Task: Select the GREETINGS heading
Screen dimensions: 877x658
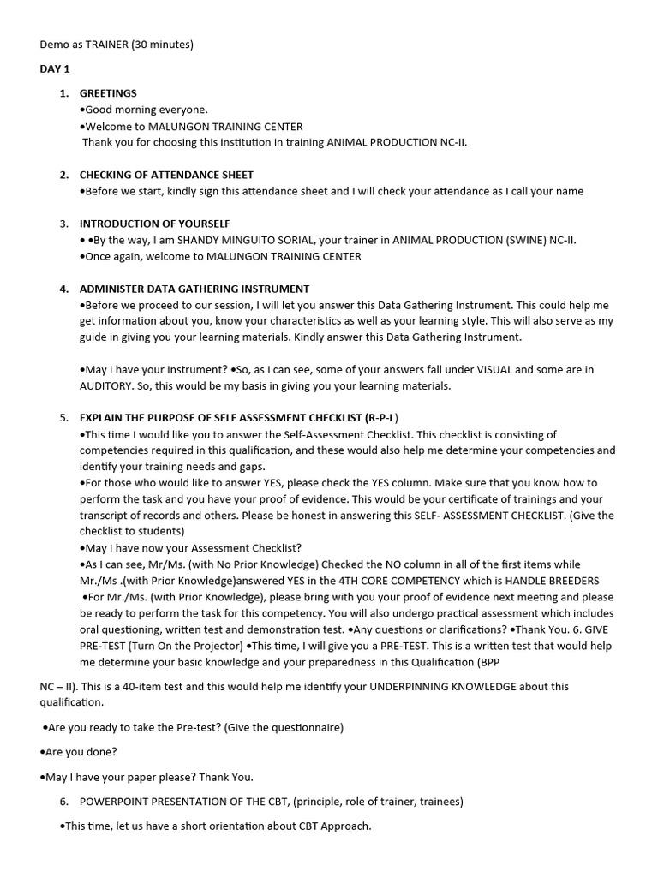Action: pyautogui.click(x=108, y=93)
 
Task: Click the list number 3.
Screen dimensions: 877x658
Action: pyautogui.click(x=63, y=224)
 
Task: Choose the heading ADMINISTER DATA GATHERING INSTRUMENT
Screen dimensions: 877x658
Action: pyautogui.click(x=194, y=289)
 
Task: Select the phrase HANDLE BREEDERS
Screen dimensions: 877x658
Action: pyautogui.click(x=547, y=581)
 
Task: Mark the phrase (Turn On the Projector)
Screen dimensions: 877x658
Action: pyautogui.click(x=183, y=646)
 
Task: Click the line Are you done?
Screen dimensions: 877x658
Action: pyautogui.click(x=79, y=752)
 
